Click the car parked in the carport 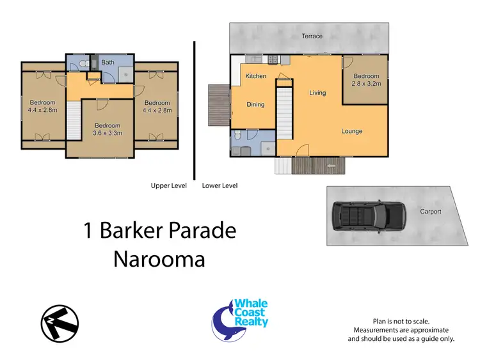(x=369, y=217)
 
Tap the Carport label (x=430, y=212)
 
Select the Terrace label (x=312, y=36)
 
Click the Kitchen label (x=255, y=76)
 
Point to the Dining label (x=255, y=105)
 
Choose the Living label (x=317, y=93)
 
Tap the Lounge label (x=351, y=131)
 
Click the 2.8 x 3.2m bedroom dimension (x=365, y=83)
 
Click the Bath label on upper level (x=108, y=62)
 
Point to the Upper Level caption (x=168, y=185)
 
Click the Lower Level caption (x=220, y=185)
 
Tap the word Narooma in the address (x=160, y=259)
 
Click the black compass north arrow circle (x=59, y=322)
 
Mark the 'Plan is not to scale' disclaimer (x=401, y=321)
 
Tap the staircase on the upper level (x=74, y=121)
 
